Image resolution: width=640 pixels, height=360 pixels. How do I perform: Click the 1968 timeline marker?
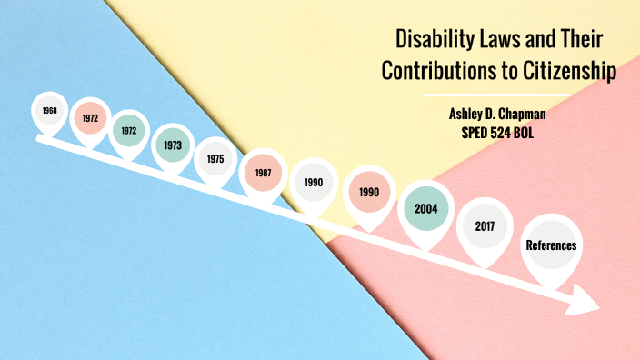click(x=49, y=111)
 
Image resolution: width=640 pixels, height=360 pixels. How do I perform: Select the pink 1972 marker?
click(x=90, y=118)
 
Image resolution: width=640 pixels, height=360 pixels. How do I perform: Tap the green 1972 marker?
click(x=129, y=130)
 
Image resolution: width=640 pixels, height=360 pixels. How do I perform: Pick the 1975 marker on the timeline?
click(x=215, y=158)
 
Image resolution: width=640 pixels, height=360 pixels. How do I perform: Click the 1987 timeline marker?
click(x=262, y=172)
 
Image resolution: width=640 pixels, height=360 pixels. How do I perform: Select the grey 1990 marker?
click(x=314, y=183)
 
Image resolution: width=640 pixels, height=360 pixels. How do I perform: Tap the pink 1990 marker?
click(x=369, y=192)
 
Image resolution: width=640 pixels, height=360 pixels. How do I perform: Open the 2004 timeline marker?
click(x=426, y=208)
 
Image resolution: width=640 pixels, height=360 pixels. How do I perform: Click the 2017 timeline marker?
click(x=485, y=225)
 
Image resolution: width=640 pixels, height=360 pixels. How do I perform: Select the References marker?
click(x=551, y=245)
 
